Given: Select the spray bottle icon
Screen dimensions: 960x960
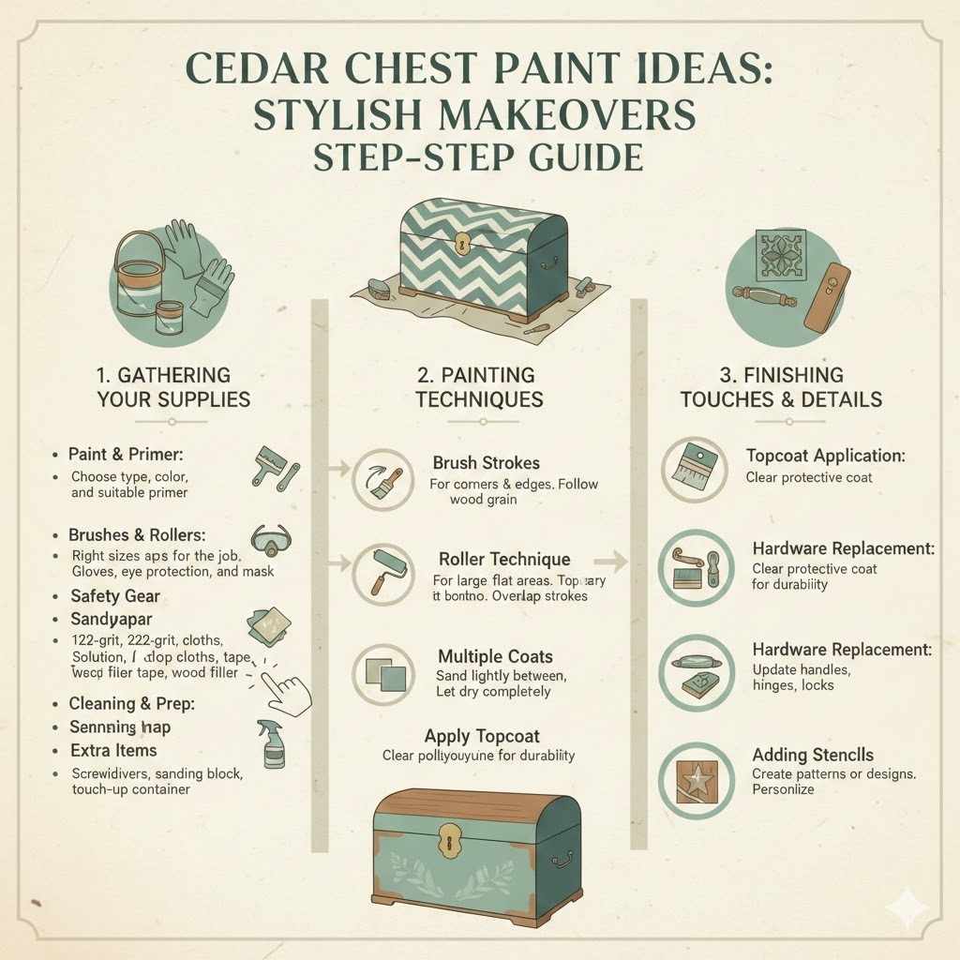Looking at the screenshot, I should pyautogui.click(x=274, y=742).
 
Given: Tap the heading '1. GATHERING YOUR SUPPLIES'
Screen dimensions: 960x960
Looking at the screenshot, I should pyautogui.click(x=173, y=387).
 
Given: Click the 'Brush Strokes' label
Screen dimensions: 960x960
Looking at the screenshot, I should pyautogui.click(x=486, y=463).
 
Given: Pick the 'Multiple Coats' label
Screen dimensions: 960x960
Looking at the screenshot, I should pyautogui.click(x=495, y=656).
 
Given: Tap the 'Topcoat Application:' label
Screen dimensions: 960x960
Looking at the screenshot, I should pyautogui.click(x=825, y=457).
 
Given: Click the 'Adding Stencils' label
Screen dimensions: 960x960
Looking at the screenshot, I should pyautogui.click(x=813, y=755).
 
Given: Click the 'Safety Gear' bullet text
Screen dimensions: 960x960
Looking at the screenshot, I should pyautogui.click(x=115, y=596).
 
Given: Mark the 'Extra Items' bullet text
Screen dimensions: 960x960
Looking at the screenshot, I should pyautogui.click(x=113, y=751).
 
